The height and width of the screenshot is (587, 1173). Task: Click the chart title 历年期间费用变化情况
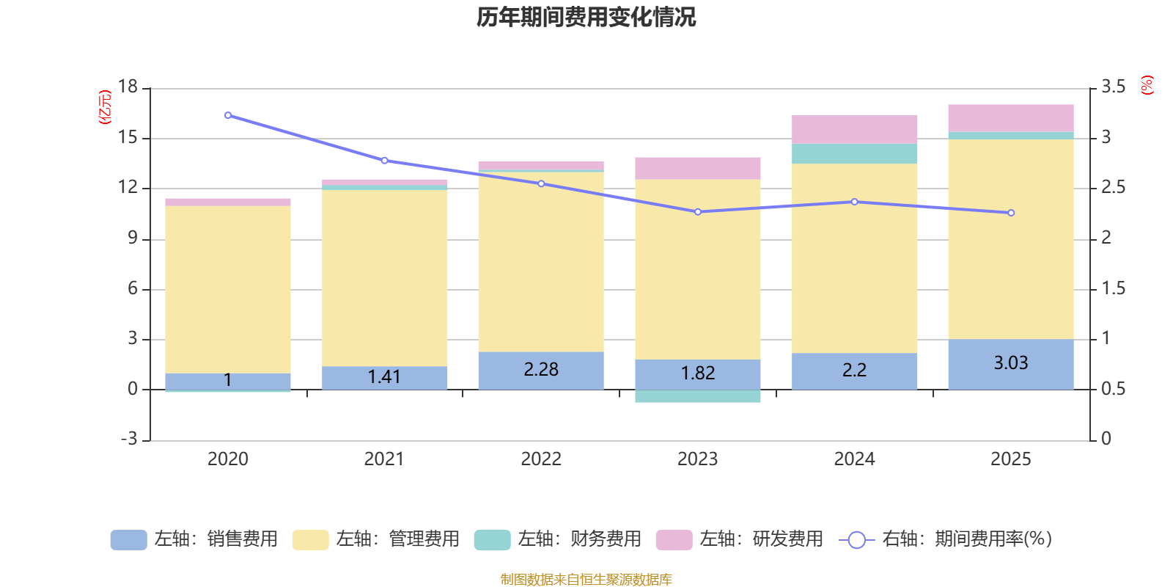(586, 17)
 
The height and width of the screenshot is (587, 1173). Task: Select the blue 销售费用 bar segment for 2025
(1010, 364)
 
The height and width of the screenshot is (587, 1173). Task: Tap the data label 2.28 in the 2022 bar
(541, 370)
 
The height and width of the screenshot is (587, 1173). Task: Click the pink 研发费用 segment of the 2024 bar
(854, 129)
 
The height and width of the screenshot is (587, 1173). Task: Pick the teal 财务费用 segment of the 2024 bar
(854, 153)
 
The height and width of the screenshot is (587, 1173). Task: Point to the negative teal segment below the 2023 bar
(697, 396)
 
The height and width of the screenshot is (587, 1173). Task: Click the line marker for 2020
(228, 115)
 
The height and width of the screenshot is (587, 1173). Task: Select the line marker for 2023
(697, 212)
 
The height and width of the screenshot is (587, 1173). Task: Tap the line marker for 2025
(1011, 213)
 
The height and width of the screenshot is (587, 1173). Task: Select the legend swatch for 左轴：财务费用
(492, 540)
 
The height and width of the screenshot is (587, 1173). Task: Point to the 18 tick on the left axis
(128, 87)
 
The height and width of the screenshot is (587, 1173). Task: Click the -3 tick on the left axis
(129, 439)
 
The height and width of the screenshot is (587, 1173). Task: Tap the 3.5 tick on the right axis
(1113, 87)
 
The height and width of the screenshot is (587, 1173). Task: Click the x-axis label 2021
(384, 459)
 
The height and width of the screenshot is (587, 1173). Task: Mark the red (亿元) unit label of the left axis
(106, 107)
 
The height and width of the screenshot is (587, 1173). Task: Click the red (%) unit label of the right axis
(1147, 85)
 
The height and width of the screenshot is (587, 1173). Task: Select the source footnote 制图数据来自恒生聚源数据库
(586, 580)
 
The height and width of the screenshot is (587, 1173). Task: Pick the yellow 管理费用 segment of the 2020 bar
(228, 290)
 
